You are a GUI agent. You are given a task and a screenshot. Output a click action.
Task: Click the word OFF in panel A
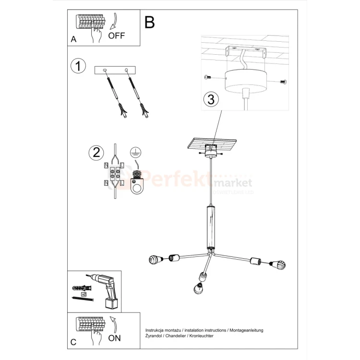117,36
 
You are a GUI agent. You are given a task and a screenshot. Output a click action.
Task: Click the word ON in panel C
115,338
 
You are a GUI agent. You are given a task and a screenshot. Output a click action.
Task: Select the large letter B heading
150,22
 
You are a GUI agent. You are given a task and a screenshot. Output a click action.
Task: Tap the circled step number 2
96,153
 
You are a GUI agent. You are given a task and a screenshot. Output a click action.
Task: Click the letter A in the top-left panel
73,40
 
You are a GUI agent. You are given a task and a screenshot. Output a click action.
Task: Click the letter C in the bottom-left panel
73,342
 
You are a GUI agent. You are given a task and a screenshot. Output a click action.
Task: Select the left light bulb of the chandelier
155,260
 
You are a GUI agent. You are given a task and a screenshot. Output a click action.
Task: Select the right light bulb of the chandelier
279,264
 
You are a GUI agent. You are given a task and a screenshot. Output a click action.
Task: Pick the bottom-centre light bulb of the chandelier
198,288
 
